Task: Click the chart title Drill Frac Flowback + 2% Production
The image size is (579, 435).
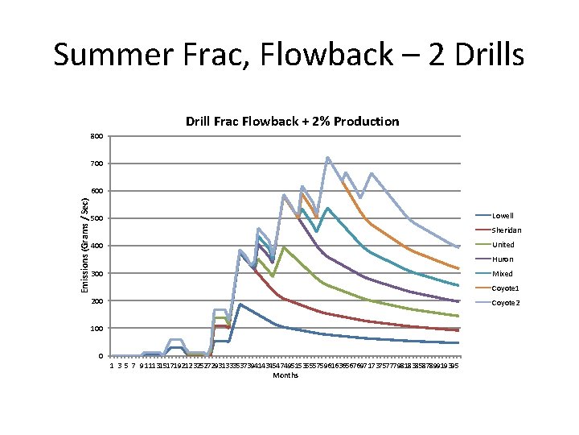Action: coord(292,122)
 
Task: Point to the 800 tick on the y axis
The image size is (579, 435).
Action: coord(96,136)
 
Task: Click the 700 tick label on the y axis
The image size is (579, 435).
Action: coord(96,164)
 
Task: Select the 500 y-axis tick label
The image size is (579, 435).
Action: coord(96,218)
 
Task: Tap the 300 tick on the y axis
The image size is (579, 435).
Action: coord(96,274)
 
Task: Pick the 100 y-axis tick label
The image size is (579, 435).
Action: coord(96,329)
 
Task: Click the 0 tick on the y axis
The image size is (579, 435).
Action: coord(100,356)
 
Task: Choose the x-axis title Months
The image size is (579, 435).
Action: coord(285,375)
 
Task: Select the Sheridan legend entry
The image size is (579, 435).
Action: coord(504,230)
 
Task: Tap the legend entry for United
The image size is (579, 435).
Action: coord(503,245)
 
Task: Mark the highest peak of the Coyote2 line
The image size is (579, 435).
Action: coord(328,158)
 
